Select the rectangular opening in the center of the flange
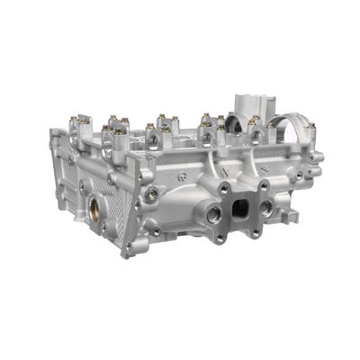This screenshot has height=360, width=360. pos(240,209)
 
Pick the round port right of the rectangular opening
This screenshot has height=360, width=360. pos(266,207)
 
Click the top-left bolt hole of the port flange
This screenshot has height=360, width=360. pos(221,189)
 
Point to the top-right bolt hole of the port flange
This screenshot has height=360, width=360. pos(263,185)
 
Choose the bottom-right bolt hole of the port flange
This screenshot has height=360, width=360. pos(257,232)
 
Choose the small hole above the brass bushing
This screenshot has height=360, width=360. pos(83,187)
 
